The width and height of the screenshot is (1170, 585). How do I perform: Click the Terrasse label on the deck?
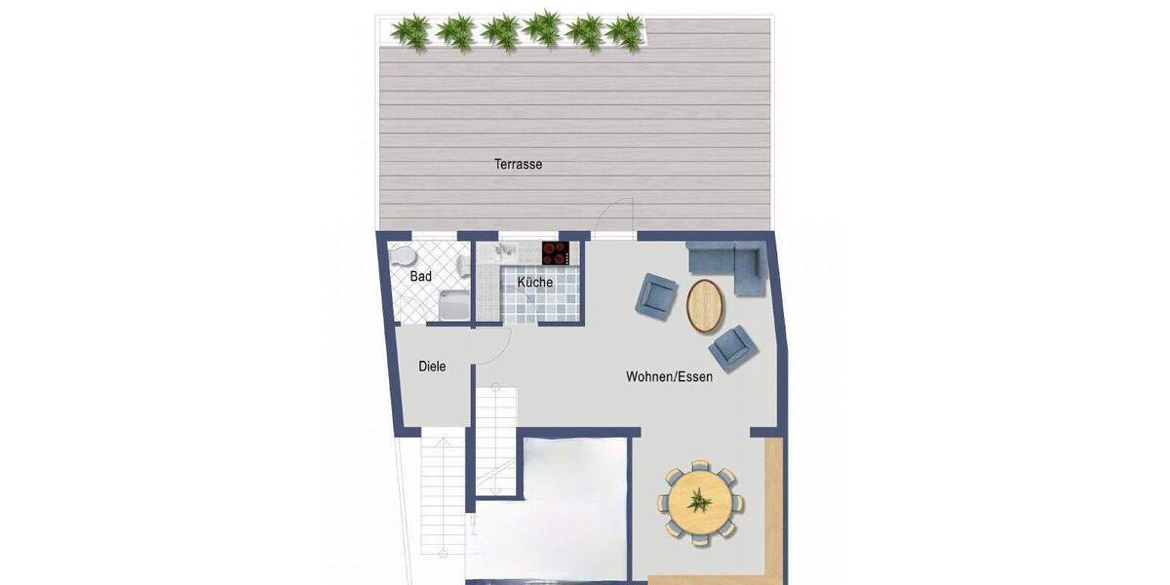click(x=518, y=165)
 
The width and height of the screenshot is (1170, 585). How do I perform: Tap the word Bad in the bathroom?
click(x=420, y=277)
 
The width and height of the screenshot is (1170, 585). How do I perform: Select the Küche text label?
click(x=534, y=283)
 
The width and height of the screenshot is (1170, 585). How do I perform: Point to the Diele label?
click(x=432, y=367)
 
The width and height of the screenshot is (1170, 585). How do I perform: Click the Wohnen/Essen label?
click(x=669, y=376)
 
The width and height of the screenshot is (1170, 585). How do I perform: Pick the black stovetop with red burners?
click(x=556, y=253)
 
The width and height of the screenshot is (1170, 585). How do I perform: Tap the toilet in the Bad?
click(x=402, y=256)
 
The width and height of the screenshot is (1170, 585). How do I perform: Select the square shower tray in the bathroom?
click(x=453, y=305)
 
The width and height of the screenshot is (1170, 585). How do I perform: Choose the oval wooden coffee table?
click(x=706, y=305)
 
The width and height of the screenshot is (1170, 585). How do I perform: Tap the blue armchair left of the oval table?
click(x=657, y=294)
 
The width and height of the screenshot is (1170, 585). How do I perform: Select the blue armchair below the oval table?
click(x=732, y=346)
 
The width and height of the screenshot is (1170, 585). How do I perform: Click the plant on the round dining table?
click(x=699, y=503)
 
